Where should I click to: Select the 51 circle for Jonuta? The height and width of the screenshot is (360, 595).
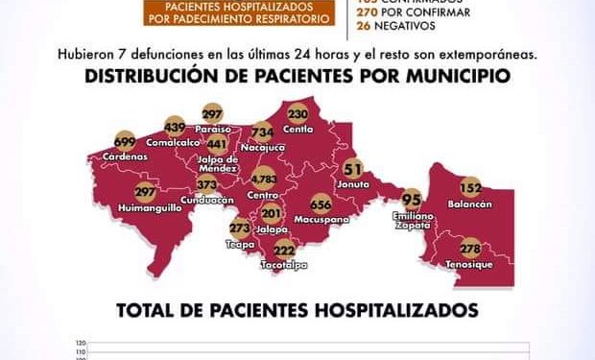tap(353, 166)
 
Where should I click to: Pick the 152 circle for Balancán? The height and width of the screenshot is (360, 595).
tap(470, 188)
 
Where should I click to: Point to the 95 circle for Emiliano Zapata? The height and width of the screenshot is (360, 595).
tap(413, 201)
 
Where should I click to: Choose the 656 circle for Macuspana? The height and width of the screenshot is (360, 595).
tap(321, 204)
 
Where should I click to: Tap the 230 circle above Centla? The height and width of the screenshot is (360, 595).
tap(297, 111)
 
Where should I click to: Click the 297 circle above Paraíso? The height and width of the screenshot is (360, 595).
tap(212, 113)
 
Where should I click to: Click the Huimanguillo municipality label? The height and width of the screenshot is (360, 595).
tap(150, 207)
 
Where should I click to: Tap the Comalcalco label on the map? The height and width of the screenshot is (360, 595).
tap(175, 141)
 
